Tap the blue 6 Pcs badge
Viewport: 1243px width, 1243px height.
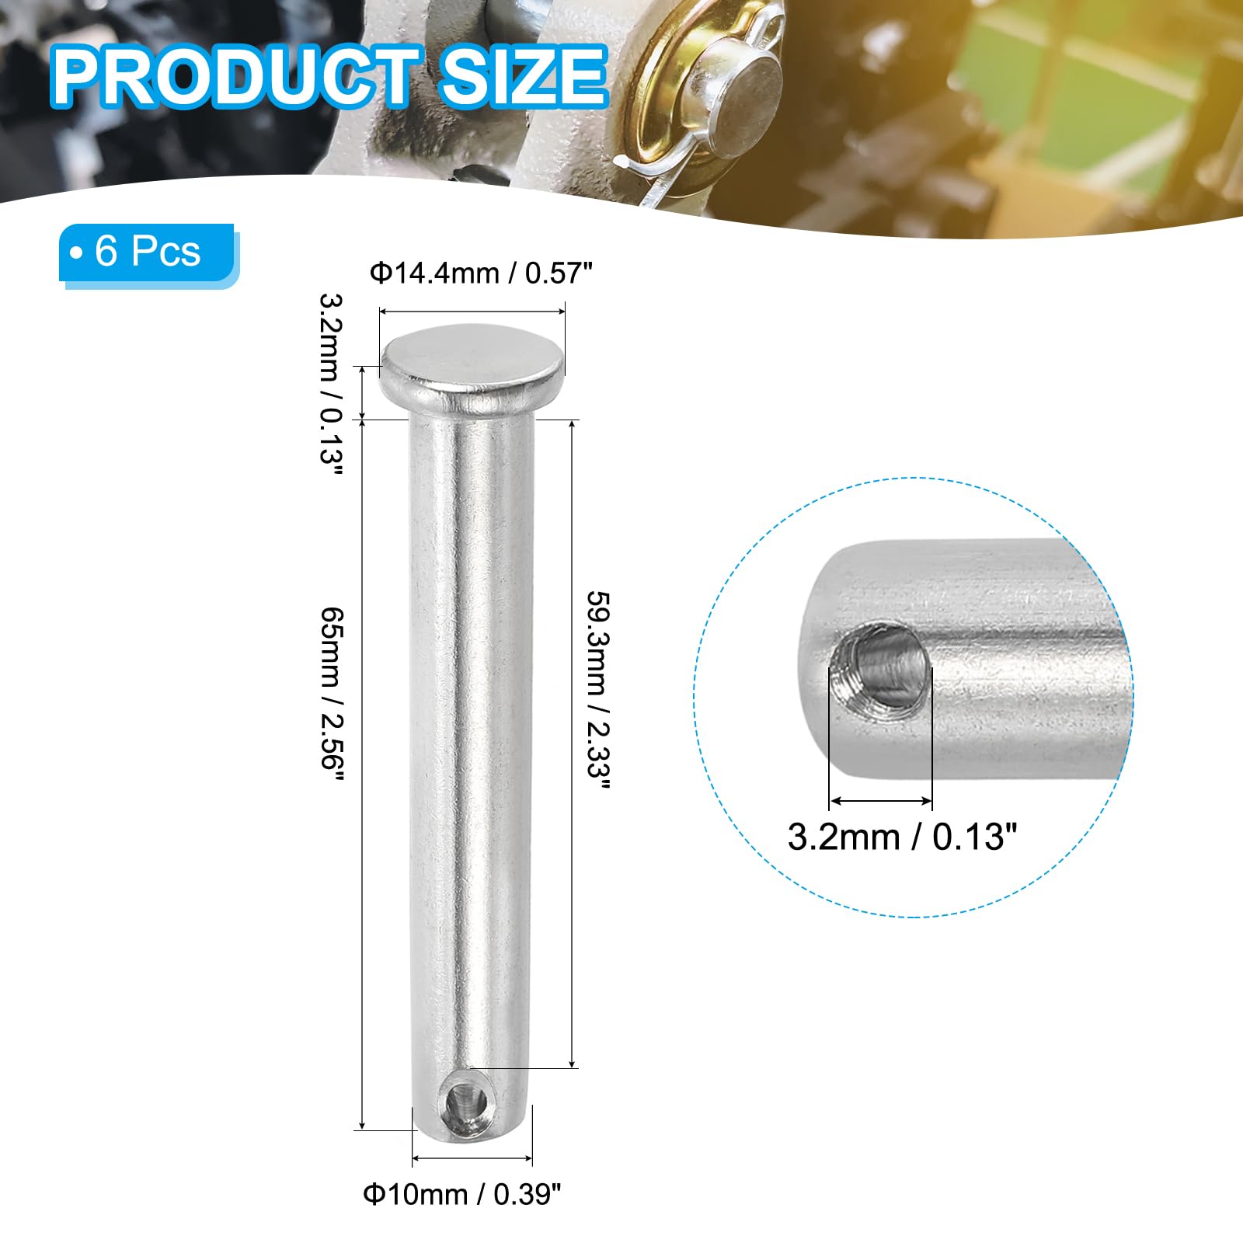[x=148, y=253]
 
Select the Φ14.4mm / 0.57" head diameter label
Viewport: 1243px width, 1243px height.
[x=482, y=274]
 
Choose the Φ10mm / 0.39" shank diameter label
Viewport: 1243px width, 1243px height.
[x=462, y=1194]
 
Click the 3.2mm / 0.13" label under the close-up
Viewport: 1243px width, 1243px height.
[x=902, y=837]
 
